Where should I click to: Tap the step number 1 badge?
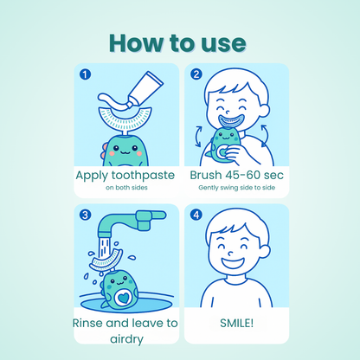coord(85,74)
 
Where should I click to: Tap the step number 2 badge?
coord(196,74)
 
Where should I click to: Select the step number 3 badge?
coord(85,215)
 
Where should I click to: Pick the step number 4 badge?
coord(196,215)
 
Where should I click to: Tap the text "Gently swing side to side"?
coord(235,187)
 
